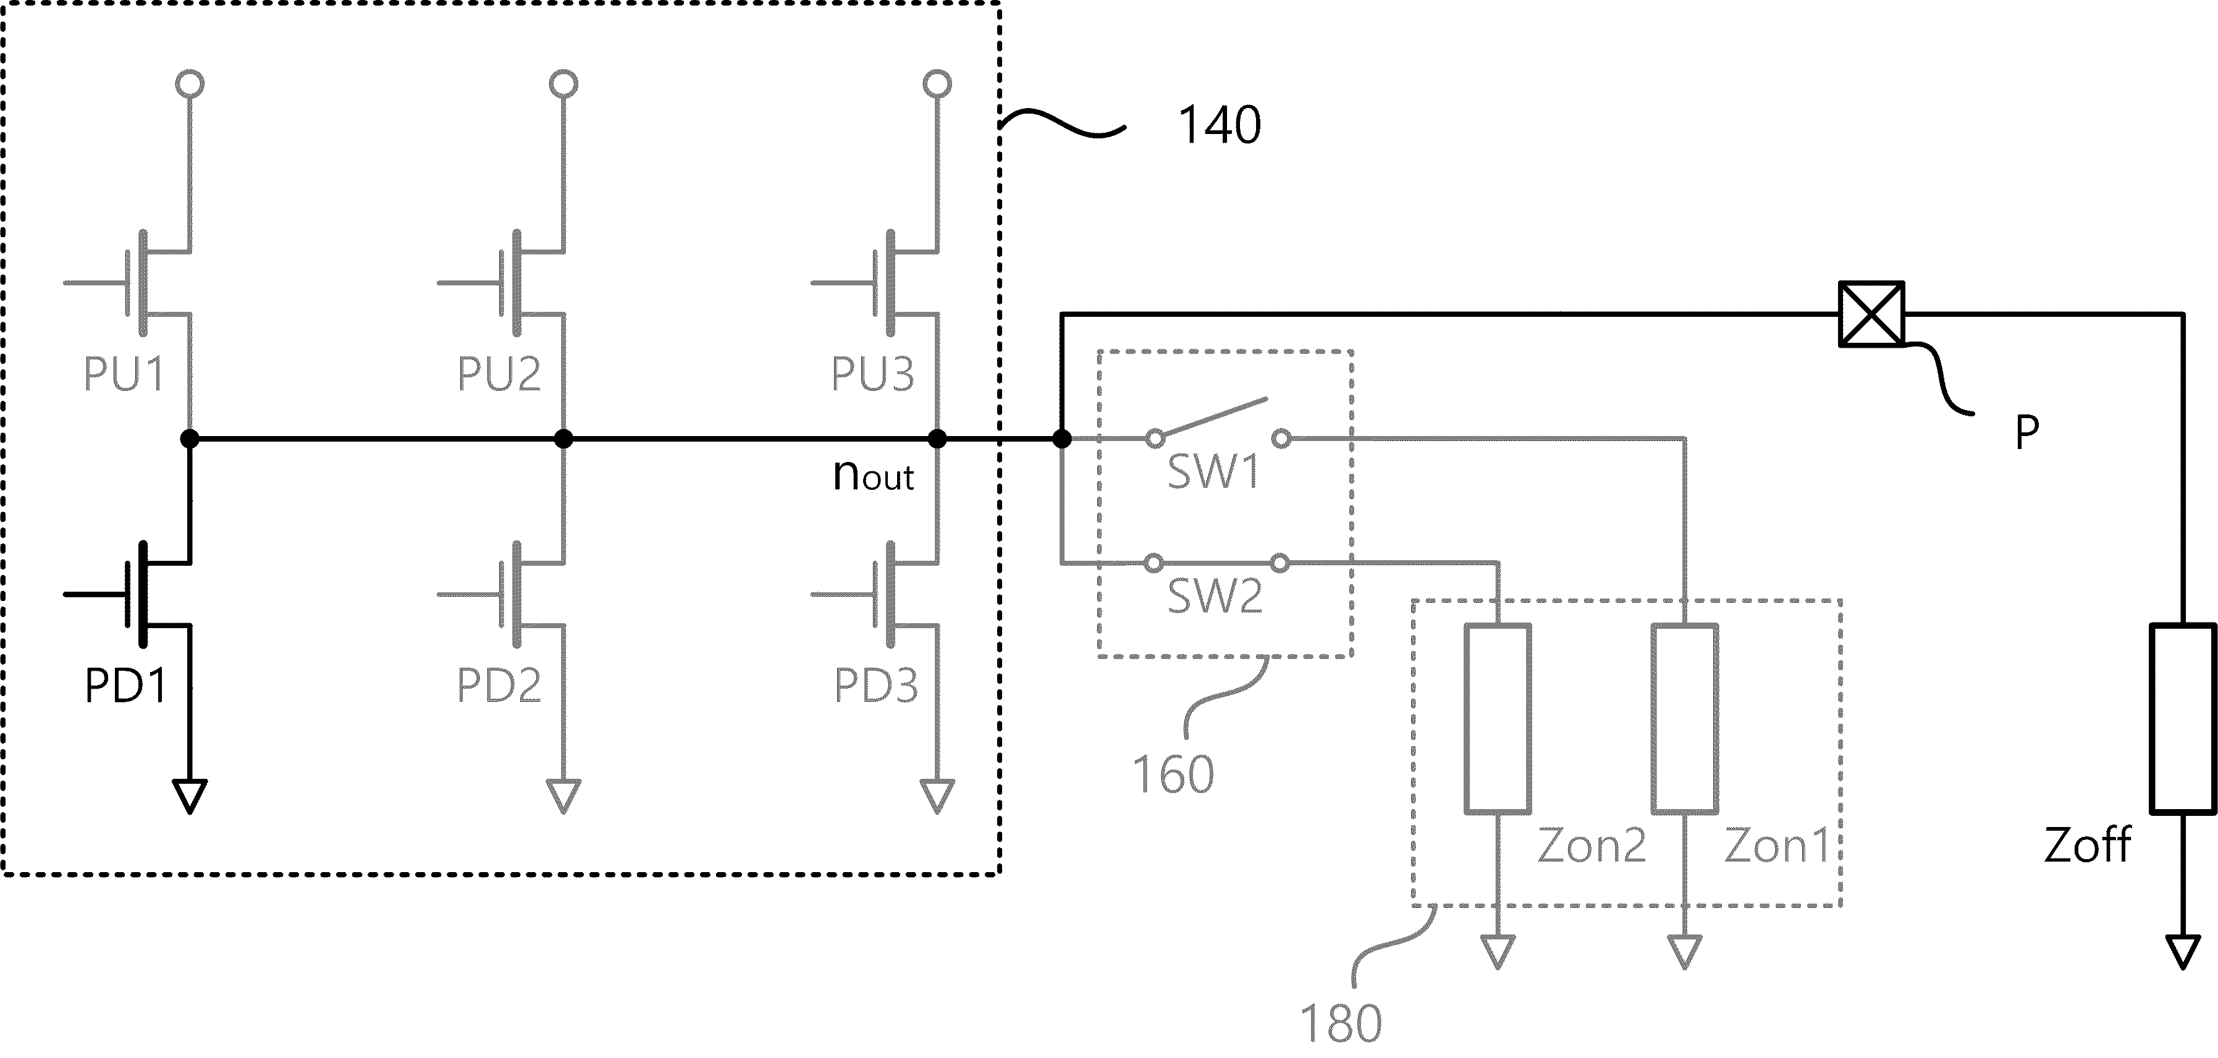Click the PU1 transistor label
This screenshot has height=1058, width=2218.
click(123, 374)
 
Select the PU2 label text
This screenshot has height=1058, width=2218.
click(499, 374)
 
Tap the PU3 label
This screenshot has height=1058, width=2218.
click(872, 374)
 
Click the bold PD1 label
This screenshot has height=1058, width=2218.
click(125, 686)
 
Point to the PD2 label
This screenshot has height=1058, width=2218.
click(499, 686)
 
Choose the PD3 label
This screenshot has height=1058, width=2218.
click(875, 686)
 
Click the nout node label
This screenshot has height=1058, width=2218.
click(873, 474)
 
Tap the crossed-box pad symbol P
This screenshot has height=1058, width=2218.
click(1871, 314)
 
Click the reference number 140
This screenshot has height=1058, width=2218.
click(1218, 125)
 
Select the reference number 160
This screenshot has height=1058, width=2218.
click(1173, 774)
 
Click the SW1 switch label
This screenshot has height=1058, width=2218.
click(1213, 472)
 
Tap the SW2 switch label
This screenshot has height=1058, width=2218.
click(1214, 596)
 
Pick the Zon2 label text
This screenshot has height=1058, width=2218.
click(1591, 846)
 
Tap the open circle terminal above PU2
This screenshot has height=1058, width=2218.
click(564, 83)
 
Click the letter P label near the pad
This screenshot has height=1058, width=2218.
click(2027, 432)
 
